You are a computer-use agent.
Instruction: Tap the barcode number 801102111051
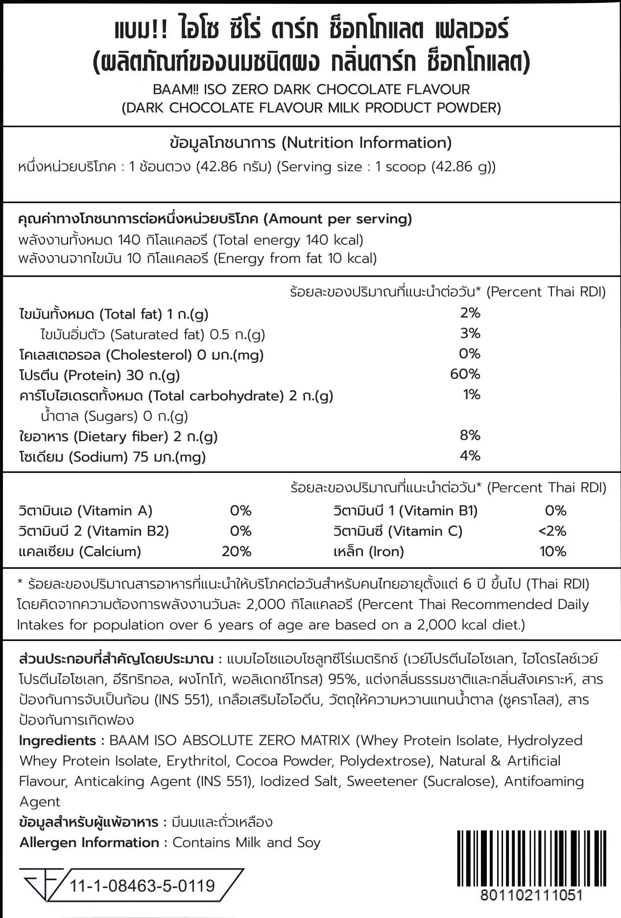point(531,895)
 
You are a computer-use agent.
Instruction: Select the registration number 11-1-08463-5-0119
point(143,886)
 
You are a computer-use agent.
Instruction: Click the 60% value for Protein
point(465,374)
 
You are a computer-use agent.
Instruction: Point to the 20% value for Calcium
point(236,551)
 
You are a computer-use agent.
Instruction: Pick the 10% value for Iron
point(552,551)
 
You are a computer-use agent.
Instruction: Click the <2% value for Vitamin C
point(552,531)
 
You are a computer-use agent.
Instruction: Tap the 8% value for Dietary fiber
point(470,435)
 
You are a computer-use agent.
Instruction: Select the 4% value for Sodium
point(470,455)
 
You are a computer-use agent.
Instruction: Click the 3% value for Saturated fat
point(470,333)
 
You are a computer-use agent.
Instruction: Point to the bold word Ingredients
point(57,740)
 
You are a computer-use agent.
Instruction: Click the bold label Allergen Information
point(89,842)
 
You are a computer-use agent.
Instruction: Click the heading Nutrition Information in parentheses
point(366,142)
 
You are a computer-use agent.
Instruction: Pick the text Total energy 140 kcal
point(289,240)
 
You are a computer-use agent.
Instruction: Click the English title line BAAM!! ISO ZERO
point(311,90)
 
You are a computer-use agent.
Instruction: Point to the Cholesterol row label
point(141,354)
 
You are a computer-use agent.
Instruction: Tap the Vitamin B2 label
point(93,531)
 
